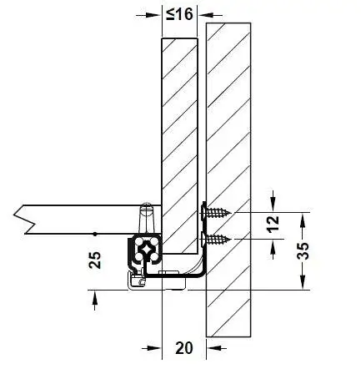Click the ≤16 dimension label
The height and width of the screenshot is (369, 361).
pos(179,14)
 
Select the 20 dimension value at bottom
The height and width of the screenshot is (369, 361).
pos(184,347)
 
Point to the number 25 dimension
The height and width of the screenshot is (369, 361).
pos(95,260)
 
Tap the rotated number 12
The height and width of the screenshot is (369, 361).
pos(273,224)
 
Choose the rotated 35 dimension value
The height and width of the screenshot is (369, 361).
pos(303,250)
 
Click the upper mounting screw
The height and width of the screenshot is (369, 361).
pos(216,213)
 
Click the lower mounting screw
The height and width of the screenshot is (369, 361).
pos(216,239)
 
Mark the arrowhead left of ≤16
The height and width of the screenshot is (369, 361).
pos(153,15)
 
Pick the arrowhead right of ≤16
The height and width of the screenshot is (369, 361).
pos(206,15)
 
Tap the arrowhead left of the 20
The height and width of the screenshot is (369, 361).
pos(153,348)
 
